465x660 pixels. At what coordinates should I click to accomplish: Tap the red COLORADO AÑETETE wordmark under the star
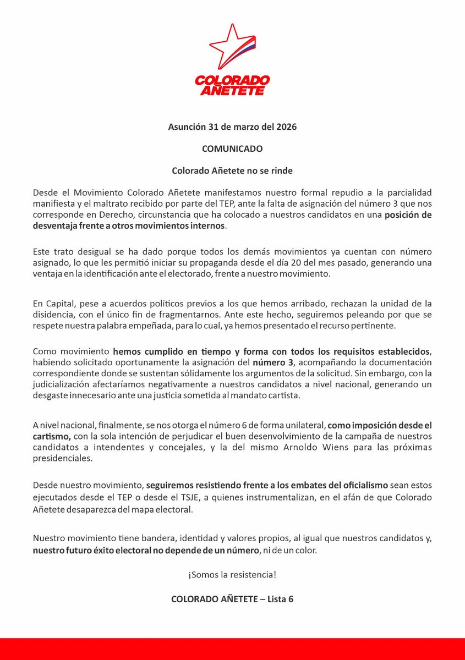tap(232, 85)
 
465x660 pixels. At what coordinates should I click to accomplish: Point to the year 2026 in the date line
tap(286, 127)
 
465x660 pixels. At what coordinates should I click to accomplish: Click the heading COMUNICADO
tap(232, 148)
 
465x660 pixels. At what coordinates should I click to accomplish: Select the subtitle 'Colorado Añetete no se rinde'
tap(232, 170)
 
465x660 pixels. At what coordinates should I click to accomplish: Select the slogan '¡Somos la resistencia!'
tap(232, 575)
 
